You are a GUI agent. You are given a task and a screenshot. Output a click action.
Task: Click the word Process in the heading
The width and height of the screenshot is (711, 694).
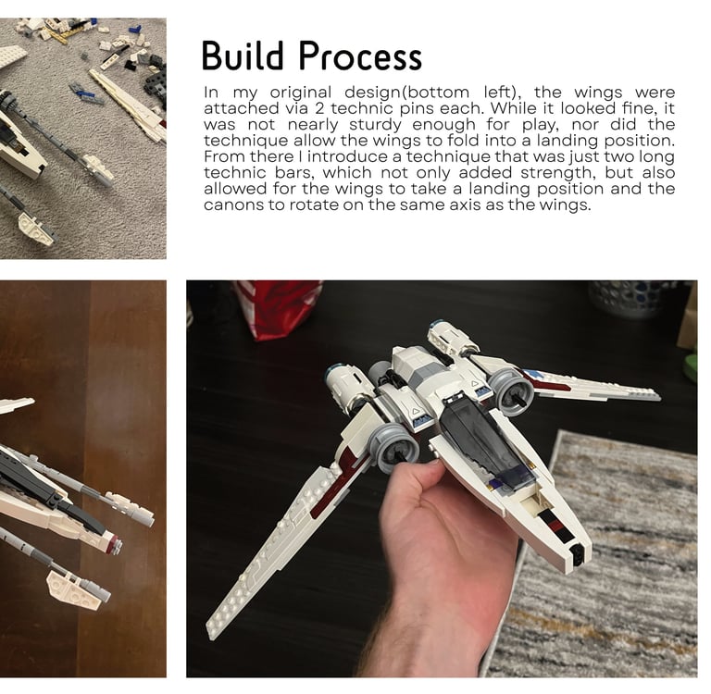[360, 56]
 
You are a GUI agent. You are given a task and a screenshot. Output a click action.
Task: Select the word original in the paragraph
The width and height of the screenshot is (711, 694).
[301, 93]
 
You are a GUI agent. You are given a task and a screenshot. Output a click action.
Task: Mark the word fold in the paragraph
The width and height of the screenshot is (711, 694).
[465, 141]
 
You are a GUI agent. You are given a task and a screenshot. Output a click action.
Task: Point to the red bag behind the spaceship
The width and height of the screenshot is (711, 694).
[279, 308]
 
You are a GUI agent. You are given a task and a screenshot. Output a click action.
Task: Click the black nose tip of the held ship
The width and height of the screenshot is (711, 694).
[577, 555]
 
